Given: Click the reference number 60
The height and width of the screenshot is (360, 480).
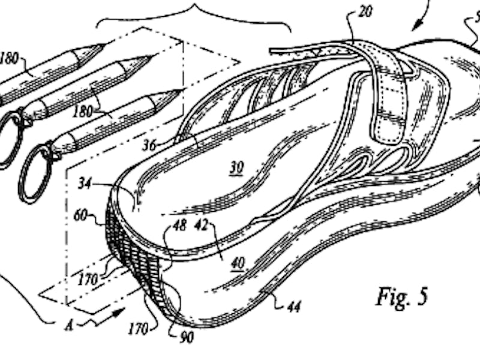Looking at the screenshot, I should point(80,214).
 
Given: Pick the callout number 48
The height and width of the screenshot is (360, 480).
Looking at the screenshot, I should point(179,226).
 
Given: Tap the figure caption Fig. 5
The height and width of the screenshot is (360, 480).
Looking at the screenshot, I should point(402,297).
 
